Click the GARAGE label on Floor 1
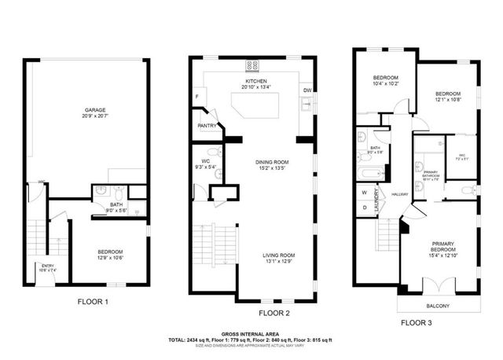95,110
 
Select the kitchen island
255,101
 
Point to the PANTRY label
207,125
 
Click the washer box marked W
364,193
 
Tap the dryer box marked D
364,208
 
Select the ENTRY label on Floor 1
47,266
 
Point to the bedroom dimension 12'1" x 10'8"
447,100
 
